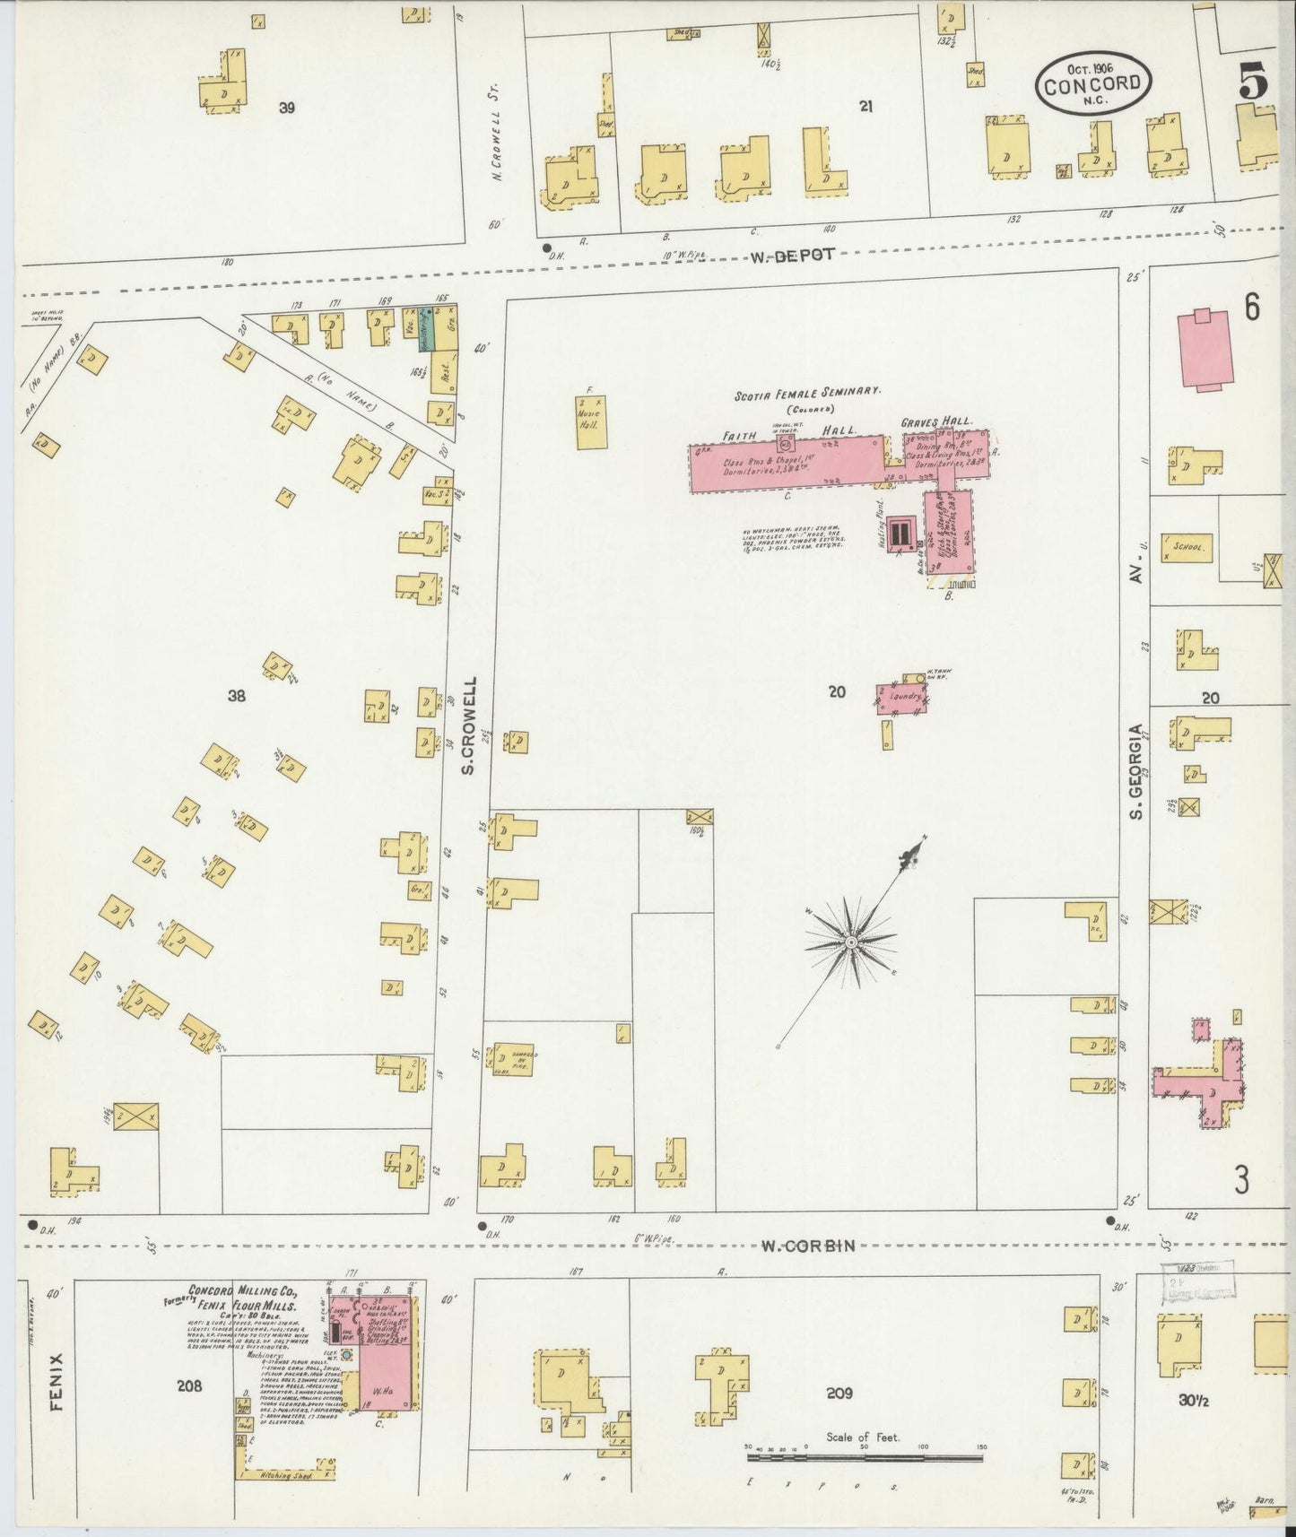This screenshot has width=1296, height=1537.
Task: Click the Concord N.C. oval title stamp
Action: click(1093, 82)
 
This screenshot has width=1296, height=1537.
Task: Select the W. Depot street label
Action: click(793, 255)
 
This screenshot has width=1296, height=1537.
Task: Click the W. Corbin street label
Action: click(807, 1246)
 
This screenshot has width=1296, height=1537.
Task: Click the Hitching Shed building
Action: click(285, 1474)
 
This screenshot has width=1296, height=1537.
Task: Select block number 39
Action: click(286, 109)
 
